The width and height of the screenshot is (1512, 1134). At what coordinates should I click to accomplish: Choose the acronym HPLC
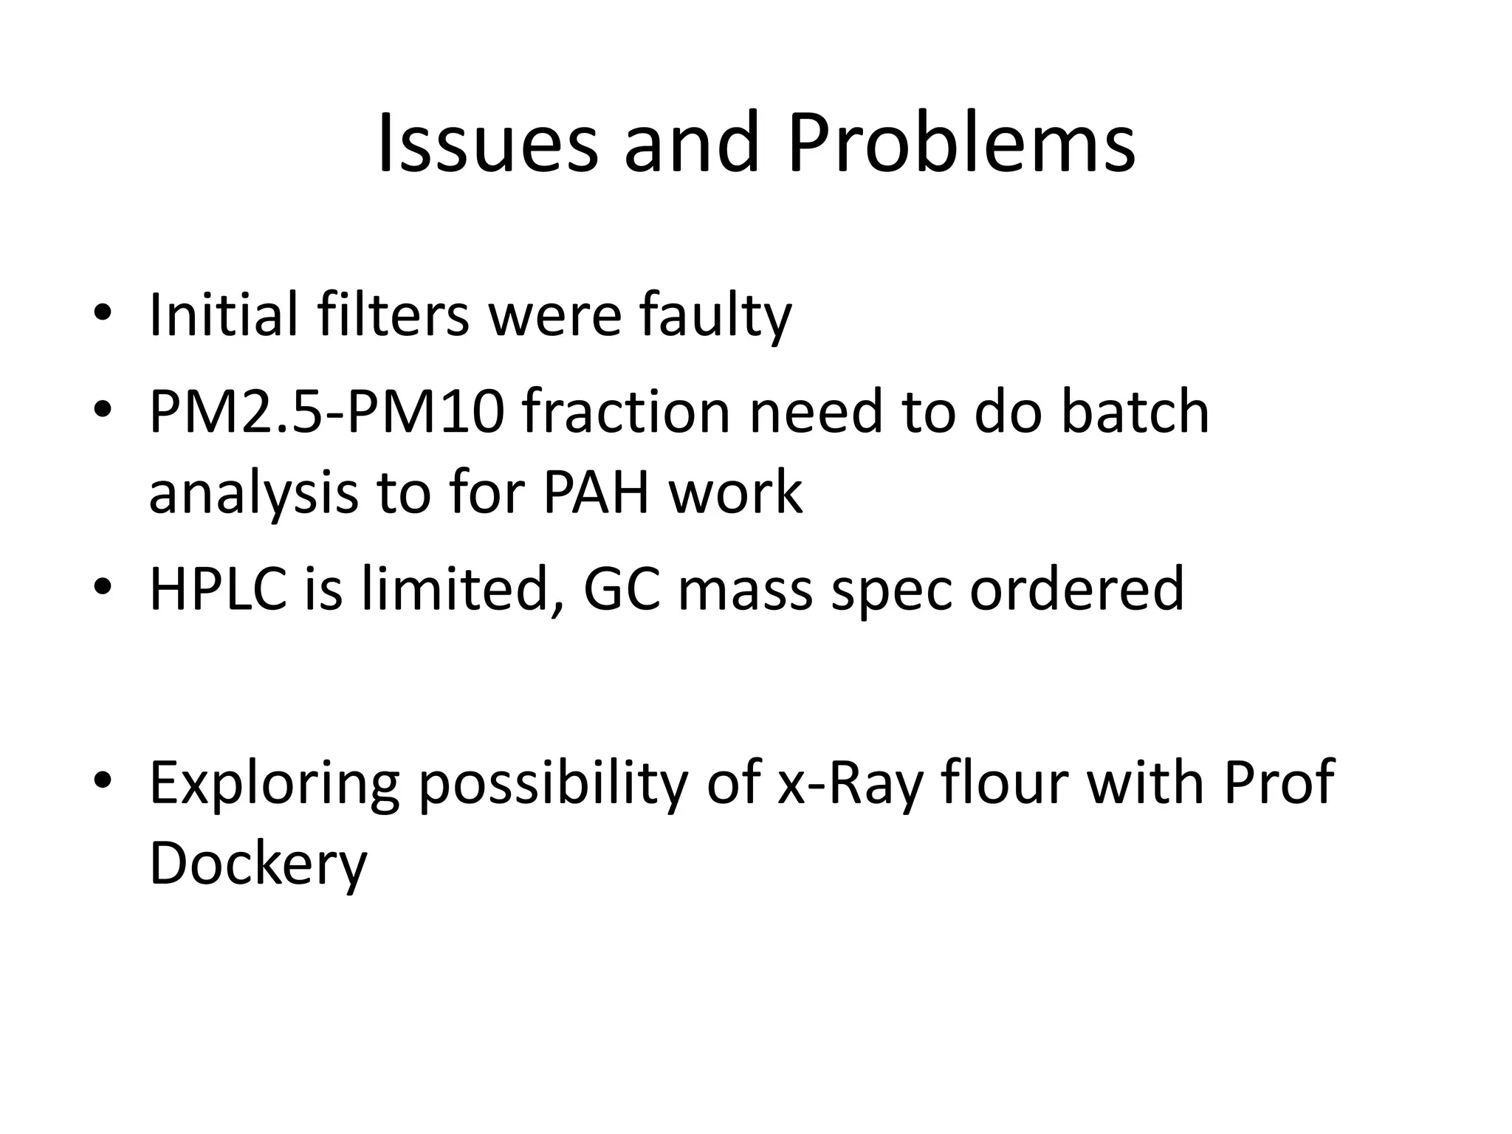pos(218,588)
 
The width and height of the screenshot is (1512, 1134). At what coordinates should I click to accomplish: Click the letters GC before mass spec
pos(621,588)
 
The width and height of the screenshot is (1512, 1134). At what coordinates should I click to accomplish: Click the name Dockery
pos(258,865)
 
